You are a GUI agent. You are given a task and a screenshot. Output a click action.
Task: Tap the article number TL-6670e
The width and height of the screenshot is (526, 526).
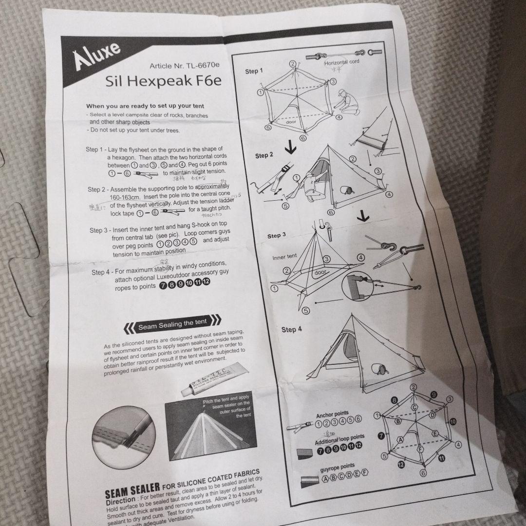pyautogui.click(x=185, y=65)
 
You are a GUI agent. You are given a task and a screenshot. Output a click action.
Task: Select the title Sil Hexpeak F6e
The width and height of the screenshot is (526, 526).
pyautogui.click(x=163, y=81)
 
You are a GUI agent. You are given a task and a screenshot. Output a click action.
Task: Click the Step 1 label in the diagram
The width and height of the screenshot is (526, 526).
pyautogui.click(x=253, y=72)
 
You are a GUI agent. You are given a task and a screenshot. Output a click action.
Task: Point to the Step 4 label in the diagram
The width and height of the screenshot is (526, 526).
pyautogui.click(x=292, y=330)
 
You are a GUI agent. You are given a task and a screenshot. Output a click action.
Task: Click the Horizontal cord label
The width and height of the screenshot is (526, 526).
pyautogui.click(x=341, y=62)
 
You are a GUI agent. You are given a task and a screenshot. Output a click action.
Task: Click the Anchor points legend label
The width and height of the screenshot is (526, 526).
pyautogui.click(x=333, y=415)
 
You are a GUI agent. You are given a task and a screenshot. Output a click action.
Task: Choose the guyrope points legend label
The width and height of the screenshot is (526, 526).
pyautogui.click(x=338, y=467)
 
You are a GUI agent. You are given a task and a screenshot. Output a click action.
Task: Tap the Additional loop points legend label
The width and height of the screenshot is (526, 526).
pyautogui.click(x=339, y=440)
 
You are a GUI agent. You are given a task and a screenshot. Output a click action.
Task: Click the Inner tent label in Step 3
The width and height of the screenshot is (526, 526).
pyautogui.click(x=284, y=257)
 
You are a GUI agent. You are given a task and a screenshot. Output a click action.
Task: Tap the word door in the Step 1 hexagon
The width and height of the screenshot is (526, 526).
pyautogui.click(x=291, y=122)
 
